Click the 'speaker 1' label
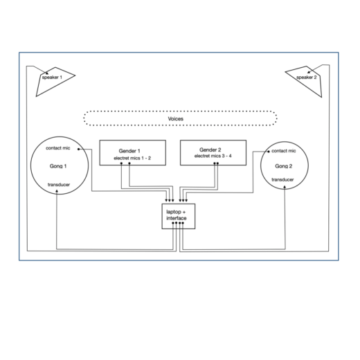52,78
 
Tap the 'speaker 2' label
307,78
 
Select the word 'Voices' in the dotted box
176,119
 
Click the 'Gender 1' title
129,151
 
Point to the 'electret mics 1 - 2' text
132,158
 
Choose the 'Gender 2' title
210,150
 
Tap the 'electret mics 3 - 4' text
213,156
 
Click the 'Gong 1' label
58,166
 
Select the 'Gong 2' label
284,166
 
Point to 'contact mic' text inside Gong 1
58,148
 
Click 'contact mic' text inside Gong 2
284,151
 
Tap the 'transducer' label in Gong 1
59,185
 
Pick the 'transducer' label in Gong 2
282,179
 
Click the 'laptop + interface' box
179,216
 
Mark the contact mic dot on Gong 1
78,149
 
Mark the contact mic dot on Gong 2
269,152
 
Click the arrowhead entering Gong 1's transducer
57,191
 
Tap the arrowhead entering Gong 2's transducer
285,187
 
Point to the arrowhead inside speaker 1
47,73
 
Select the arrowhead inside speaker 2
309,72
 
